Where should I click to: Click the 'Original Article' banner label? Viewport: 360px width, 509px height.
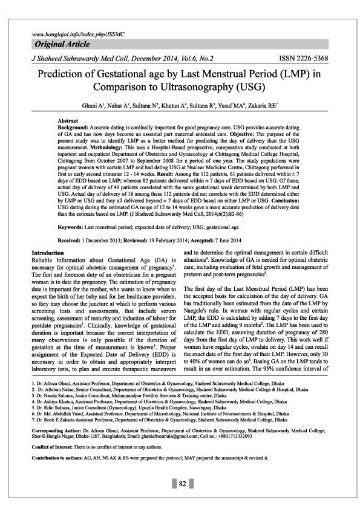pyautogui.click(x=62, y=45)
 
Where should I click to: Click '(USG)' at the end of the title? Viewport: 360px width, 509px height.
pyautogui.click(x=252, y=89)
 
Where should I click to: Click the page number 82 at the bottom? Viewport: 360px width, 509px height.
pyautogui.click(x=181, y=484)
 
